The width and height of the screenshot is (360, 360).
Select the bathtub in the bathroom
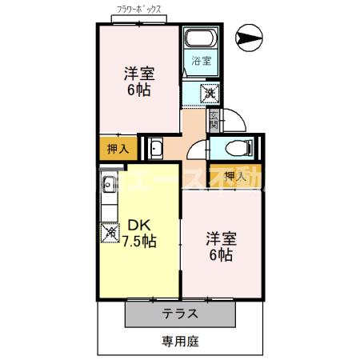coord(199,40)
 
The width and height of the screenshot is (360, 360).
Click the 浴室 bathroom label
coord(201,61)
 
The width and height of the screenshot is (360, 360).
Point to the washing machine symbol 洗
coord(209,94)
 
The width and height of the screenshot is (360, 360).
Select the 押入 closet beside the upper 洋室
coord(117,149)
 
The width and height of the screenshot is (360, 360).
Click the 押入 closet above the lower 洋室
coord(234,175)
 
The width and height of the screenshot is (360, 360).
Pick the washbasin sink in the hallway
coord(156,148)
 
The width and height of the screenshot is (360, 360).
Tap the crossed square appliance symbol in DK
coord(109,233)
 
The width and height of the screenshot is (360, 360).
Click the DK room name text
coord(138,226)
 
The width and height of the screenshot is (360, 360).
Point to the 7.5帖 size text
coord(139,242)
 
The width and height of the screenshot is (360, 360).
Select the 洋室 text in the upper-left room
coord(139,73)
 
